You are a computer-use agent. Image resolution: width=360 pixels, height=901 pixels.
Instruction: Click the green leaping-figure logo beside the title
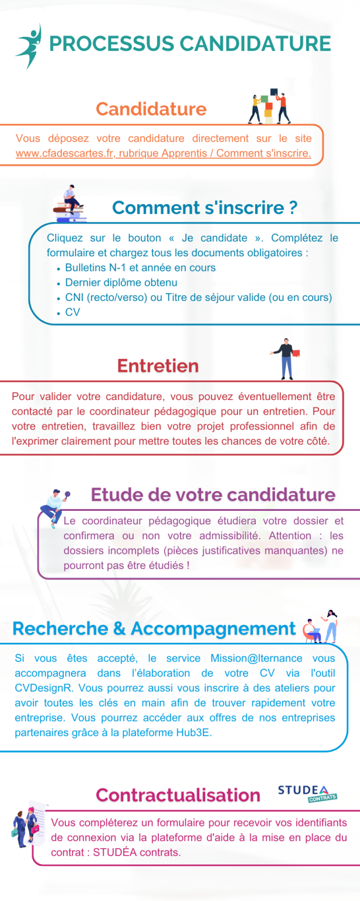click(29, 46)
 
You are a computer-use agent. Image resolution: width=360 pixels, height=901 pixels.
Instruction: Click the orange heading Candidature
click(151, 109)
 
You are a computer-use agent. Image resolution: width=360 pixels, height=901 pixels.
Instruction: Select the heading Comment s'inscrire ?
click(205, 207)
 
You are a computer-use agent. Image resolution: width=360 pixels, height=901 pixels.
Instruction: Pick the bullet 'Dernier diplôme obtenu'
click(121, 282)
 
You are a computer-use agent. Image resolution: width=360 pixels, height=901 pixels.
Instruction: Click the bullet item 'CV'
click(73, 312)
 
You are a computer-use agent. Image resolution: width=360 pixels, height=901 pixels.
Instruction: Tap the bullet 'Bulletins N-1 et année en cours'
click(140, 267)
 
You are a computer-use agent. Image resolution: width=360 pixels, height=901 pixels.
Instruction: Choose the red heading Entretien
click(158, 365)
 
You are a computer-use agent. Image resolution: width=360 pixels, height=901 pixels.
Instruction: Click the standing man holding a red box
click(286, 358)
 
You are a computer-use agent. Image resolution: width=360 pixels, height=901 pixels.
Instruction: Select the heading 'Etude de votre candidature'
click(213, 494)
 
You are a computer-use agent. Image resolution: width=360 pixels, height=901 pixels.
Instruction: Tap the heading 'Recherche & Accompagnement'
click(154, 628)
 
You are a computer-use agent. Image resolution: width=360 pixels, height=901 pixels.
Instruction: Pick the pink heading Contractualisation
click(178, 795)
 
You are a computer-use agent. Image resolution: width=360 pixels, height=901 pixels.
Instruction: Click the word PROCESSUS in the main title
click(111, 44)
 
